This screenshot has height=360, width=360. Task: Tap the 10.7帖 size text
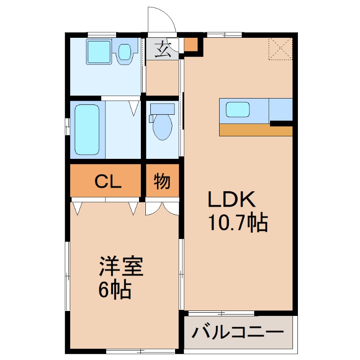tap(237, 222)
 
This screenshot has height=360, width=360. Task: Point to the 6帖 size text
tap(115, 291)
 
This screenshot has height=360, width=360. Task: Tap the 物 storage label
tap(162, 181)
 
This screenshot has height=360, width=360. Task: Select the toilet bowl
tap(162, 127)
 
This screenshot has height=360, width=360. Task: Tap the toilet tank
tap(162, 108)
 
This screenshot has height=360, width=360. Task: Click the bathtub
tap(87, 129)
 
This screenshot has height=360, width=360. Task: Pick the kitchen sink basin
tap(237, 109)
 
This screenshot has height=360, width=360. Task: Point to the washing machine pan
tap(99, 51)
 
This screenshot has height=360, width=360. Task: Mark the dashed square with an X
tap(280, 49)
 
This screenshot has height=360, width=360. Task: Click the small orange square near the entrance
tap(191, 45)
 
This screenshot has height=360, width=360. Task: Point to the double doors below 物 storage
tap(162, 207)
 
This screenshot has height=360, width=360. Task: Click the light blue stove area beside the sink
tap(281, 108)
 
